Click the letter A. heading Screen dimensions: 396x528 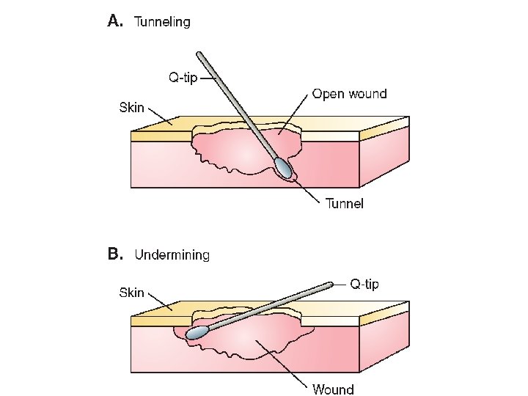115,21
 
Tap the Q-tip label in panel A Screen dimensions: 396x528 183,78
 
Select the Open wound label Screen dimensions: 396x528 349,93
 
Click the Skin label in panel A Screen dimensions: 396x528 132,109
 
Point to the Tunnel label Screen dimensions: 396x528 344,203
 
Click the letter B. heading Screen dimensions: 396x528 115,254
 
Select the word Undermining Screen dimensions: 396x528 172,255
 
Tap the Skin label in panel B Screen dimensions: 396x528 132,293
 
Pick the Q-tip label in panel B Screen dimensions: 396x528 364,283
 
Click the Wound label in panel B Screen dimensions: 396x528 333,389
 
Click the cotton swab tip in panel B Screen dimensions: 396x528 197,332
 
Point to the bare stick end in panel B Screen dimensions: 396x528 331,285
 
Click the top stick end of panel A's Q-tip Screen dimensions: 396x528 199,54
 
